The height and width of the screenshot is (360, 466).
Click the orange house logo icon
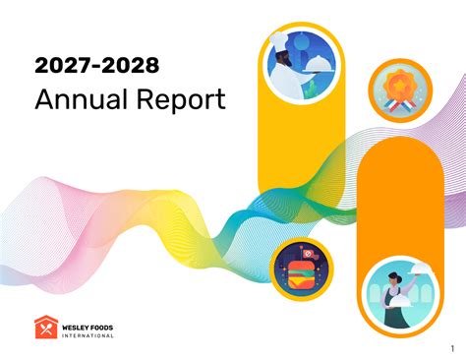pos(44,328)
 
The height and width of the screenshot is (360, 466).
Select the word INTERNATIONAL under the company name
pos(87,335)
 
